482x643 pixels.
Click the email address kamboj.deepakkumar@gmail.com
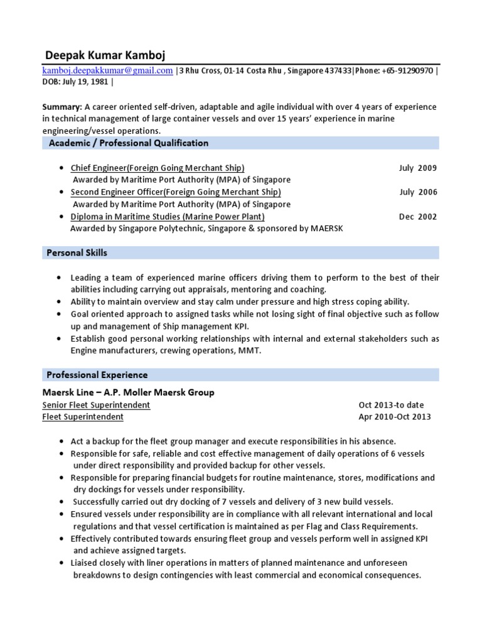[107, 71]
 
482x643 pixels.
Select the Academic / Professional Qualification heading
[128, 143]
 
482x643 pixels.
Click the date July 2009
[417, 168]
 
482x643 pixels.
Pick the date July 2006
[417, 192]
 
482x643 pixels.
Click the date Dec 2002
[417, 217]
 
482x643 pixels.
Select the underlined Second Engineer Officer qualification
[176, 192]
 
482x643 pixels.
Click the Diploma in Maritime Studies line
[168, 217]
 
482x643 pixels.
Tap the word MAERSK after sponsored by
[326, 229]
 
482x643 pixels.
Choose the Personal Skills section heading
[77, 253]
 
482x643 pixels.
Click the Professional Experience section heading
[97, 375]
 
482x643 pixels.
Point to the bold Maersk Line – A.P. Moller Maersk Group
[128, 392]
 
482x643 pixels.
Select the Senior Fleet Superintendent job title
[96, 405]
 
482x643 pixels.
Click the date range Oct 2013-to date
[391, 405]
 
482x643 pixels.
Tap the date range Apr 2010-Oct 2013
[394, 417]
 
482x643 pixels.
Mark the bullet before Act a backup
[59, 441]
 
